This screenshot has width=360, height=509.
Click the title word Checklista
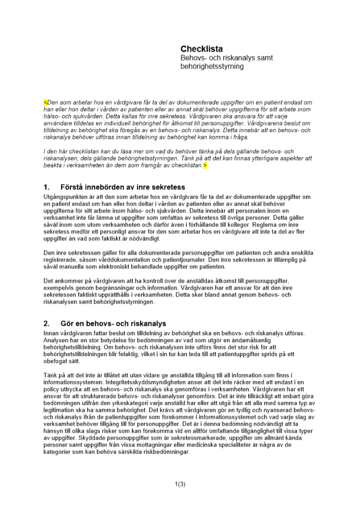(x=202, y=49)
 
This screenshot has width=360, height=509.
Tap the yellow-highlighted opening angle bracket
(x=45, y=103)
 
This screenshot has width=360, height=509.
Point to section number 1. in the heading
(x=47, y=187)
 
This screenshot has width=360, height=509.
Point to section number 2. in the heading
(x=47, y=324)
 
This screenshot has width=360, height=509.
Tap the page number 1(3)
(x=180, y=484)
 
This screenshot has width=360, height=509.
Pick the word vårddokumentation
(x=131, y=260)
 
